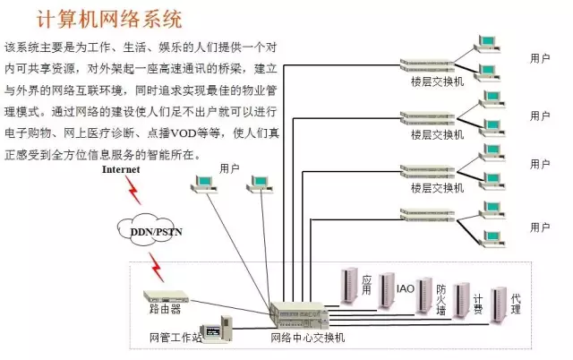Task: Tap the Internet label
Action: pos(122,169)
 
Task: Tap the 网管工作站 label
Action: pos(176,338)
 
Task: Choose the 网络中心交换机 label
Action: pos(306,338)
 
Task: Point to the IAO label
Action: pos(406,289)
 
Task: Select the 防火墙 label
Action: pos(440,299)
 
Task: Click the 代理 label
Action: pos(515,302)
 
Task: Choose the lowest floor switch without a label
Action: pos(432,214)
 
